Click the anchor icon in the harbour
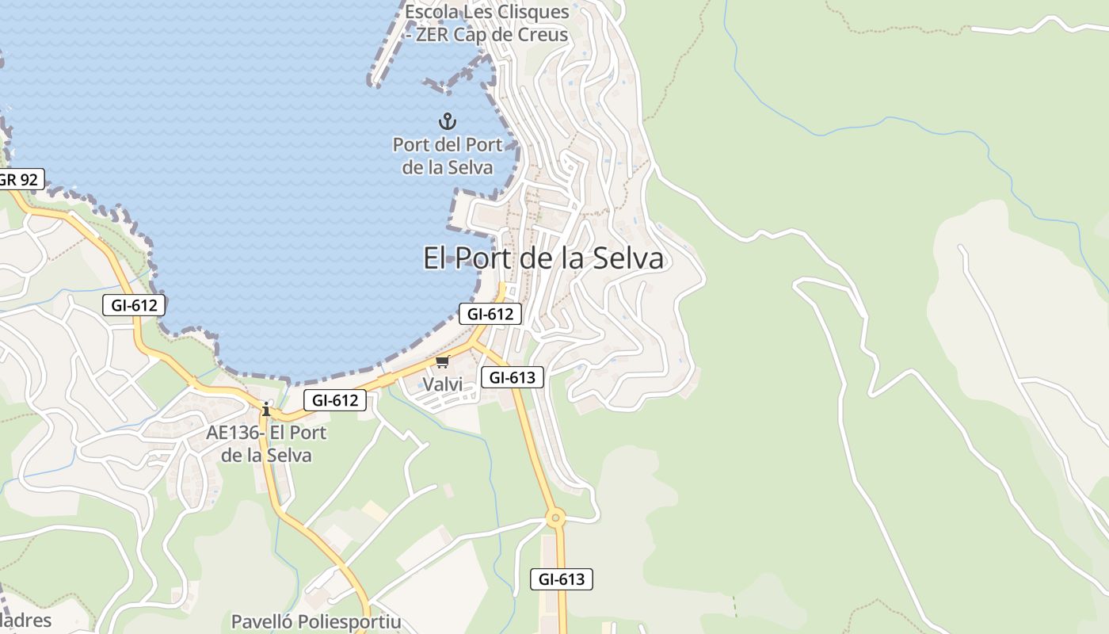click(x=448, y=121)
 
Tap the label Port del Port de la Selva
click(x=448, y=156)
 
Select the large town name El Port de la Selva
click(x=543, y=258)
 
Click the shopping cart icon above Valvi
click(x=442, y=362)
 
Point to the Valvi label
click(x=442, y=384)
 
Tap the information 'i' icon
click(x=266, y=409)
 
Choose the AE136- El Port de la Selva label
click(x=266, y=444)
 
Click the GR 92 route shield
click(x=19, y=180)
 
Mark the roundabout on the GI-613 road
click(x=555, y=519)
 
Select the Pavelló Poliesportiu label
click(x=316, y=621)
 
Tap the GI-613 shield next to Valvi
click(x=513, y=377)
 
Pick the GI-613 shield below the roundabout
click(x=561, y=579)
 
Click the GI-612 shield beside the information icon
click(x=335, y=400)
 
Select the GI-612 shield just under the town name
click(x=490, y=314)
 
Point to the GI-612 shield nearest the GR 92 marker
click(x=134, y=304)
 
